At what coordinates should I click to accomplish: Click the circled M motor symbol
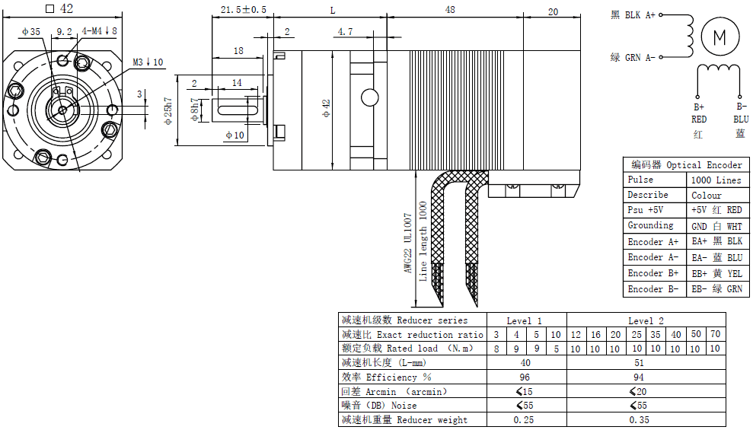(x=719, y=36)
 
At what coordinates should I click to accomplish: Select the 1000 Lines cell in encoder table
(x=716, y=180)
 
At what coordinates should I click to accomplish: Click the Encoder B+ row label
(x=652, y=273)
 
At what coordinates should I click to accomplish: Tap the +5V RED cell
(x=716, y=210)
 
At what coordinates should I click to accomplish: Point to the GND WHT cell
(x=716, y=226)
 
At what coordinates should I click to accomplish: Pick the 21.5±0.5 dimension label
(x=243, y=10)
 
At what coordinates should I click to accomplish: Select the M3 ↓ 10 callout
(x=148, y=62)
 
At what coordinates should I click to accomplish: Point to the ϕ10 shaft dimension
(x=234, y=135)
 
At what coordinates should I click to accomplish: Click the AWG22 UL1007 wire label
(x=408, y=243)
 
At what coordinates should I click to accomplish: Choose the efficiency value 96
(x=525, y=377)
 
